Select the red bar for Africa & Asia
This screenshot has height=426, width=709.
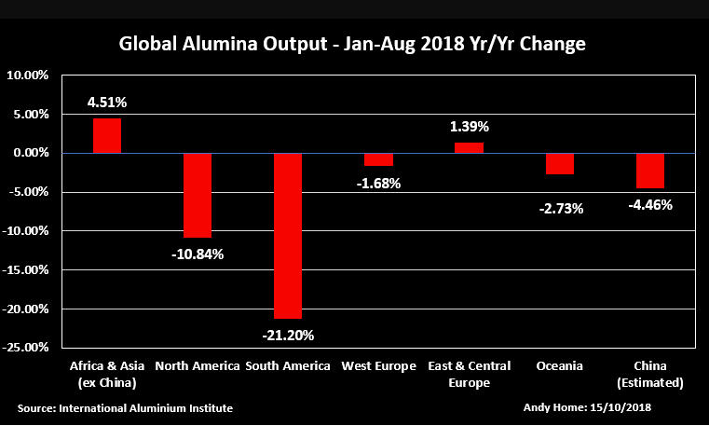(107, 135)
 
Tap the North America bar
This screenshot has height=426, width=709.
(198, 195)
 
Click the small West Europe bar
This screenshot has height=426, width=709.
(378, 159)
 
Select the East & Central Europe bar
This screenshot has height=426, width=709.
(469, 147)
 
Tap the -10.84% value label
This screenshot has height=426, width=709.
(198, 254)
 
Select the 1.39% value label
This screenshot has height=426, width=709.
(469, 126)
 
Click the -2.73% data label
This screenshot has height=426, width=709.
(559, 208)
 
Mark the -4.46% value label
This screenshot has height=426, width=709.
(649, 204)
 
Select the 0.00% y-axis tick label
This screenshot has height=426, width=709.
(29, 153)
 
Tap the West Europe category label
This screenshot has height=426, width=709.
(378, 366)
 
